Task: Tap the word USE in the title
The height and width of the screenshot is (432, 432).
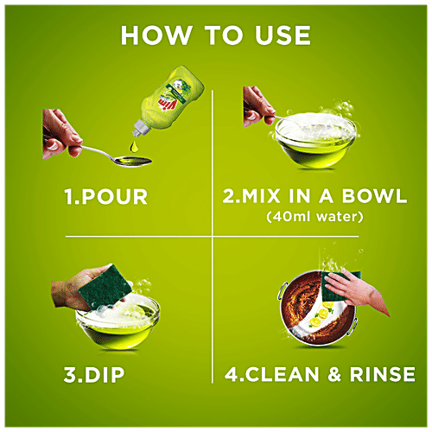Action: click(277, 36)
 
